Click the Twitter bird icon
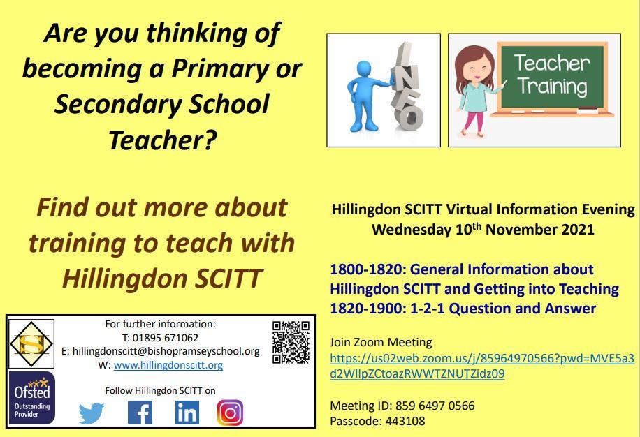tap(92, 413)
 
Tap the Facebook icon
tap(140, 413)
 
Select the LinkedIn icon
tap(187, 413)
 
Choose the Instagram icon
tap(230, 413)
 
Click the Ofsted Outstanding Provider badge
tap(32, 398)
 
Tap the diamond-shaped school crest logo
tap(31, 344)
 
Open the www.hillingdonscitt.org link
tap(168, 365)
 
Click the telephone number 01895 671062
tap(166, 338)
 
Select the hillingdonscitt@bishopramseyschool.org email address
tap(166, 351)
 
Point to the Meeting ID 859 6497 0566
tap(435, 406)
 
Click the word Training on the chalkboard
tap(553, 87)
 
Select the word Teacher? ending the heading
tap(162, 140)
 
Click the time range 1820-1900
tap(367, 308)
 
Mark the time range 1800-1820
tap(367, 269)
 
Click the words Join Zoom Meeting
tap(381, 343)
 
